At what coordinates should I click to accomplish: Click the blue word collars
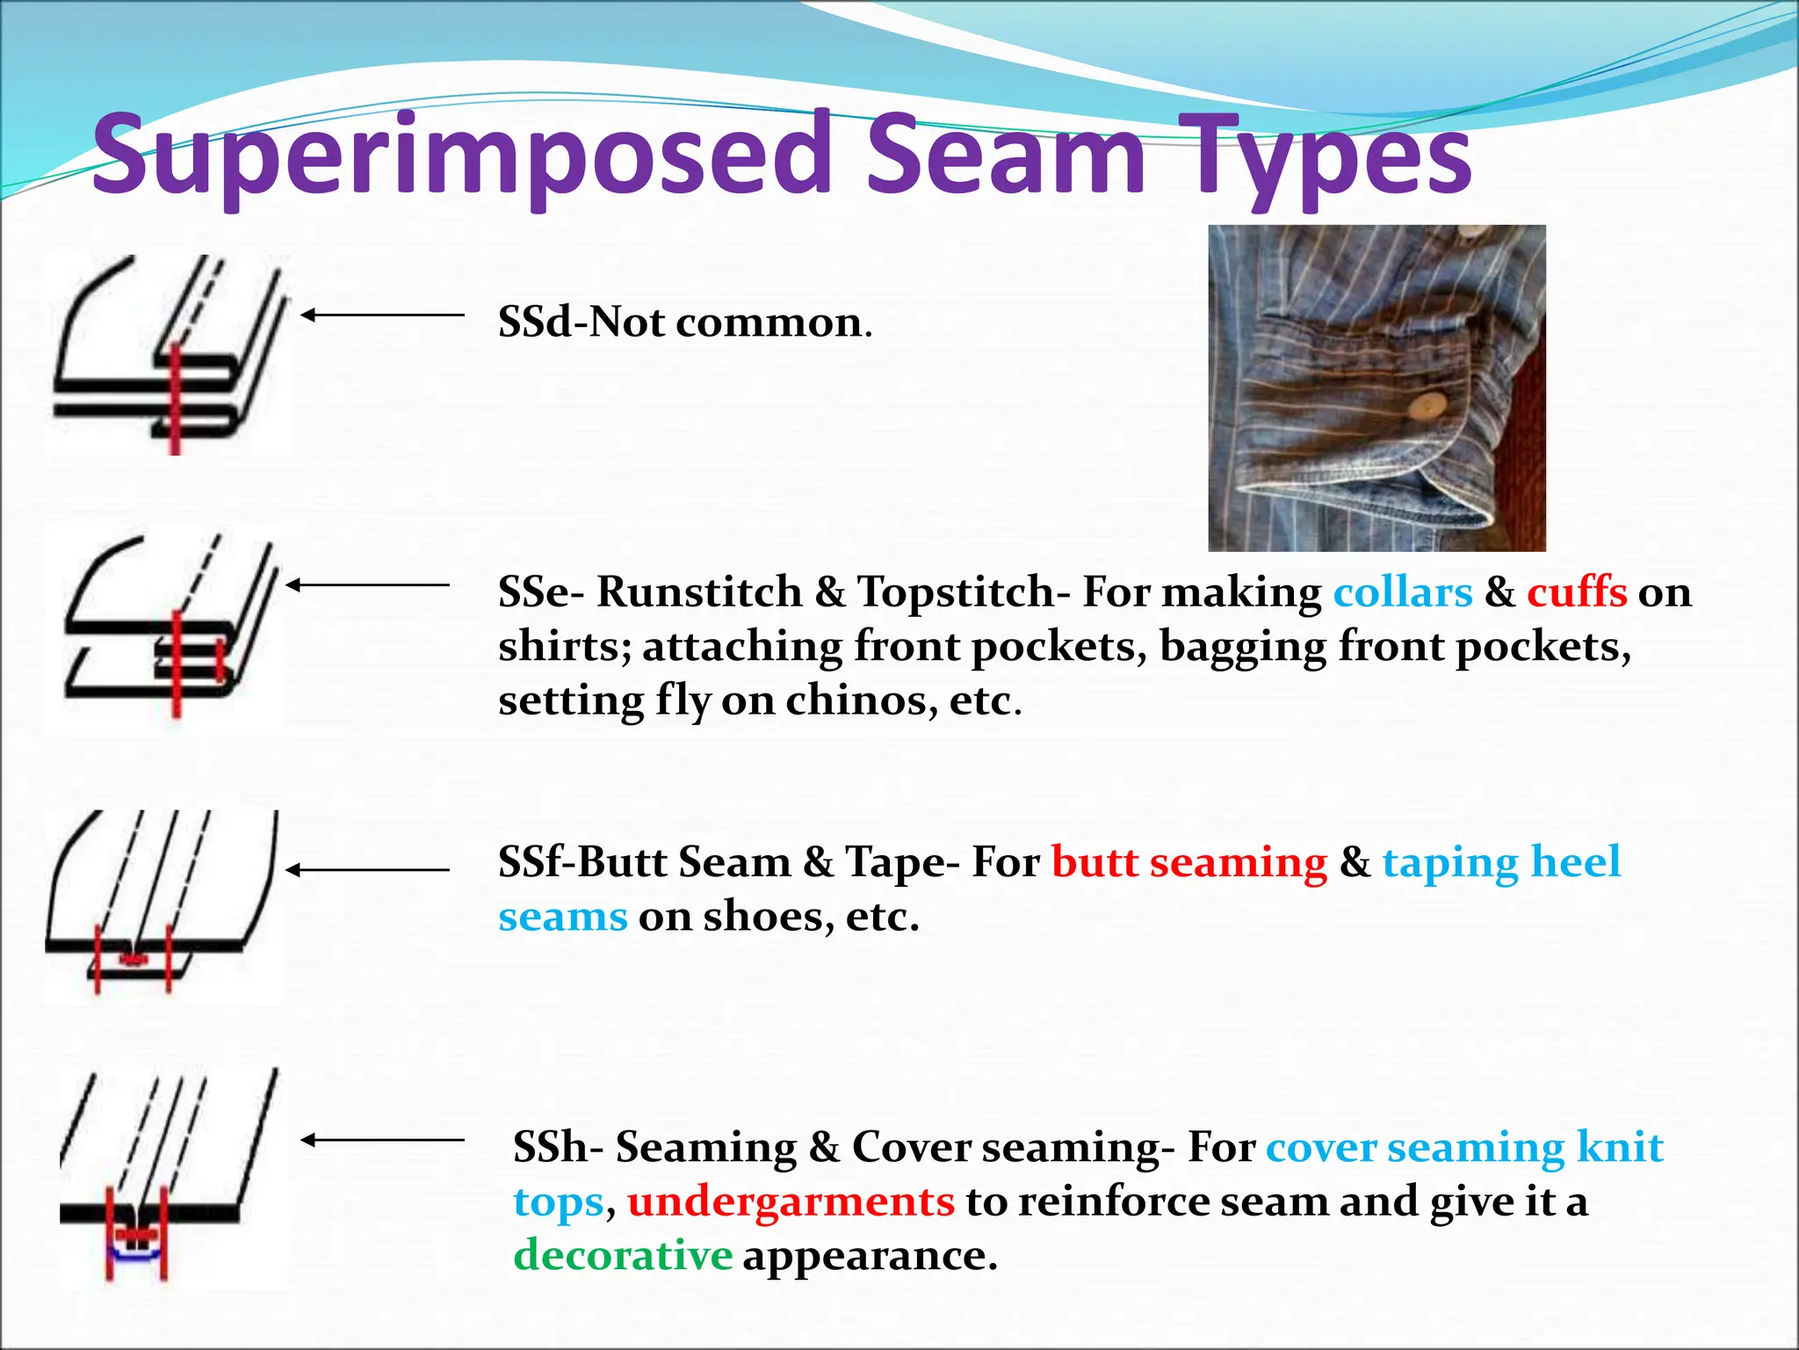pos(1403,592)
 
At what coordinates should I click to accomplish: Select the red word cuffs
pos(1577,592)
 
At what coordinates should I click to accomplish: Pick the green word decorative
pos(623,1254)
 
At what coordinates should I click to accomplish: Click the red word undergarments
pos(791,1201)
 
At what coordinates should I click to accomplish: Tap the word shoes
pos(768,916)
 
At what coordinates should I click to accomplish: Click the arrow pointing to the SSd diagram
pos(382,315)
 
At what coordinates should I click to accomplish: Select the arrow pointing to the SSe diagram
pos(367,584)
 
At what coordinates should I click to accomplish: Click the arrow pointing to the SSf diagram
pos(367,870)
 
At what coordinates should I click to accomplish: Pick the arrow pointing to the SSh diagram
pos(382,1140)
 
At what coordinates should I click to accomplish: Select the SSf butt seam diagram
pos(163,905)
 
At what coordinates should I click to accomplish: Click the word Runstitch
pos(699,592)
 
